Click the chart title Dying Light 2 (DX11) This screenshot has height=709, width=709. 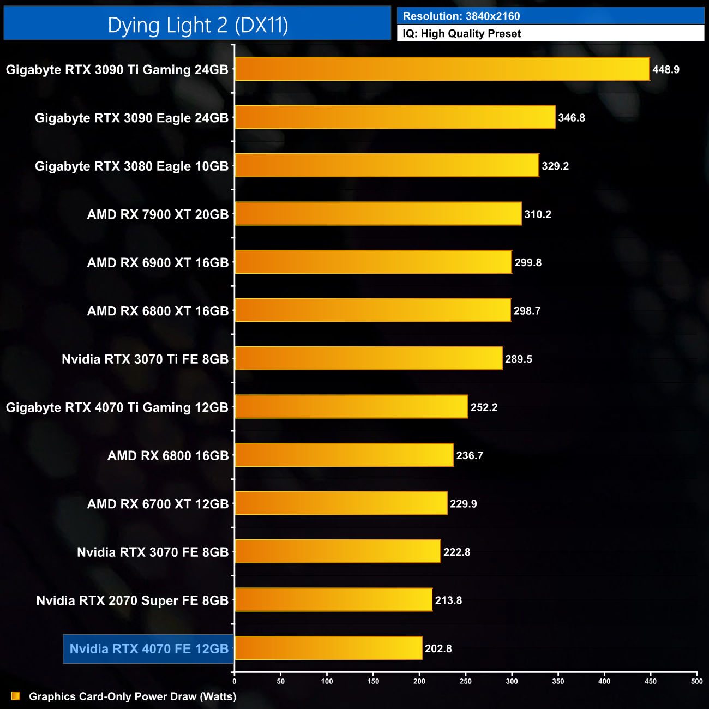point(197,25)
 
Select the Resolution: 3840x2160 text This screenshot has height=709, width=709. point(461,16)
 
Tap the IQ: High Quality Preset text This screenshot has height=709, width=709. point(462,34)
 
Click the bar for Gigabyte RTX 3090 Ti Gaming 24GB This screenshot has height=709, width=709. point(442,69)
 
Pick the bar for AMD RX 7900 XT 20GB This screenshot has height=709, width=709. point(378,214)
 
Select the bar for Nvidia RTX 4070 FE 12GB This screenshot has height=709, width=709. point(328,648)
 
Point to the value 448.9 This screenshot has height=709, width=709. point(666,70)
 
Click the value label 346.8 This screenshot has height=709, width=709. point(572,118)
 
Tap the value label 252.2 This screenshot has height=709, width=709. point(484,407)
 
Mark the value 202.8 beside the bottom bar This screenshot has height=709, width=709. point(438,648)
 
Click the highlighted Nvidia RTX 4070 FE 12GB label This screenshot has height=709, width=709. point(149,648)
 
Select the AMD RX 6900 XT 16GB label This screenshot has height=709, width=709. point(158,263)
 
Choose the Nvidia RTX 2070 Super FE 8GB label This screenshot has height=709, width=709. point(133,600)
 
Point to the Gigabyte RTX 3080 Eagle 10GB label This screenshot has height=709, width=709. point(131,166)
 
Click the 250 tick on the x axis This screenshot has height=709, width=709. point(466,681)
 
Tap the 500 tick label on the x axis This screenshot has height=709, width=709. point(696,681)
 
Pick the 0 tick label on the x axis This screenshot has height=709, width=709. point(235,681)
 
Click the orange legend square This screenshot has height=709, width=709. point(16,696)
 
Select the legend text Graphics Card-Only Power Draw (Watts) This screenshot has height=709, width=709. point(133,696)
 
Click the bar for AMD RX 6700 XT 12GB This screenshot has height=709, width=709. point(341,503)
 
